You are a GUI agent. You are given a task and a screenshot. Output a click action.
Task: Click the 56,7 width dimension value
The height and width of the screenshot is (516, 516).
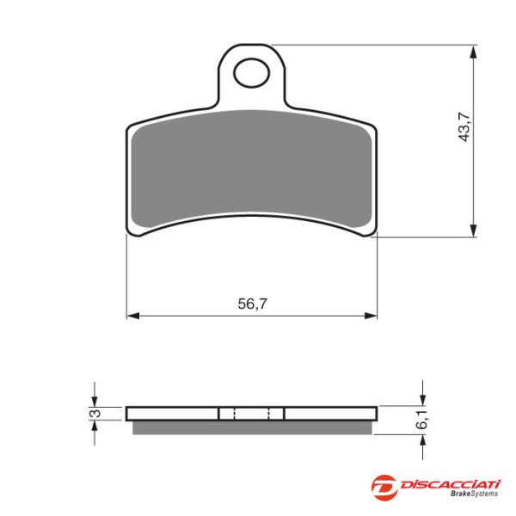click(252, 304)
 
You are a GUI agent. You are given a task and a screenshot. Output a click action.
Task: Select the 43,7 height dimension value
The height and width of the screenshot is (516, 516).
click(465, 126)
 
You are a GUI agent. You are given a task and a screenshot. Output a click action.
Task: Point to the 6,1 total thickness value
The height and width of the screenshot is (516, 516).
click(422, 420)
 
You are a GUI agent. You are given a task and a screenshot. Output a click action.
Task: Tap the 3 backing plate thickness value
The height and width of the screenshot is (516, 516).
click(96, 413)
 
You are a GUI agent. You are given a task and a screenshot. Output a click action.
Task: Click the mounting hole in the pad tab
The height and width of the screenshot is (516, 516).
click(251, 73)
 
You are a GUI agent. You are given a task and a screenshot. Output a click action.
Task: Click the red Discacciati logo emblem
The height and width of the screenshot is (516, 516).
click(384, 488)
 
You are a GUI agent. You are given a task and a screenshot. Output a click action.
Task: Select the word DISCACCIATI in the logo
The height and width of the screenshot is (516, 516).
click(450, 484)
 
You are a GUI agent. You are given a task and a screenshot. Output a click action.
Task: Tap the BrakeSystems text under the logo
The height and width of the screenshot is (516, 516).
click(474, 494)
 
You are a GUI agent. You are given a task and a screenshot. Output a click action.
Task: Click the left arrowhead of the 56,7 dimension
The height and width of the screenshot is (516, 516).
click(133, 316)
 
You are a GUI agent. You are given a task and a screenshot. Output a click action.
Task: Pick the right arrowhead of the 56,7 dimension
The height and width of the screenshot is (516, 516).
click(371, 316)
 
